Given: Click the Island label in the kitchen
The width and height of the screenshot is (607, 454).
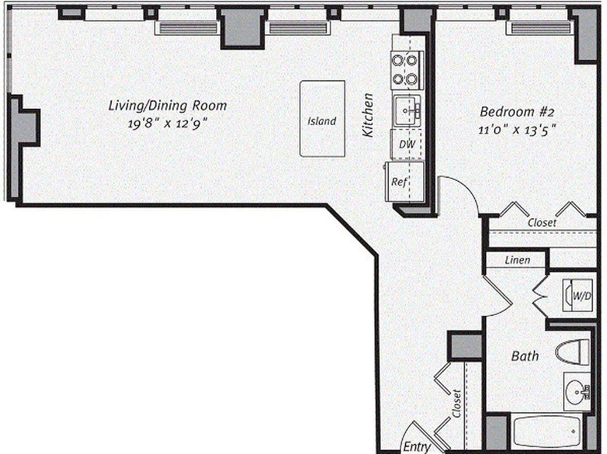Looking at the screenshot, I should pos(322,121).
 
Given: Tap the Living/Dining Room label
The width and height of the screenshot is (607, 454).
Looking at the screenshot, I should pos(167,105).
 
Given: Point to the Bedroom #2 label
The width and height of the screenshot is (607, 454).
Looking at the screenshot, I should pos(515,111).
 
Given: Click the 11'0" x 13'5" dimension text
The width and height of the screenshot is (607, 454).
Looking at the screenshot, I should pos(516,129).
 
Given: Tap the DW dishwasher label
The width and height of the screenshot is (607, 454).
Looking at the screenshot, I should pos(407,144).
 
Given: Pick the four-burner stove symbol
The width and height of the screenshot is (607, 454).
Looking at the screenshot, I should pos(407,69).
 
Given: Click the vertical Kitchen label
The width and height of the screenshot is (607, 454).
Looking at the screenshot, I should pos(369,115).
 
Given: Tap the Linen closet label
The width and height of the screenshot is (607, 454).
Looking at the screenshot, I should pos(517,260).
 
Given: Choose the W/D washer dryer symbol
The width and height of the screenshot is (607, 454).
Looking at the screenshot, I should pos(577,295).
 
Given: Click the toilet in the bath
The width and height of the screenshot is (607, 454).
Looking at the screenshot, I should pos(573,352).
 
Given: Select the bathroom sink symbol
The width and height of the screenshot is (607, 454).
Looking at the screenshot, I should pos(577,391).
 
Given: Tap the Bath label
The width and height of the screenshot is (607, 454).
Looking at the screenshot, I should pos(525,356).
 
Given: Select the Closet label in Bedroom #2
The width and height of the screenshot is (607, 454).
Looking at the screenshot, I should pos(542,223).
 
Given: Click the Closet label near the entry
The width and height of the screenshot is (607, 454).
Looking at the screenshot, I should pos(457,403).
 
